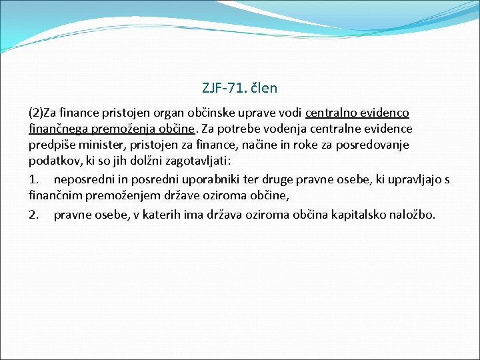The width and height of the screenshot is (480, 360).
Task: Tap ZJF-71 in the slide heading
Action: point(223,87)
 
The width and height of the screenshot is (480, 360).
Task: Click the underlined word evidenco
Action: point(385,112)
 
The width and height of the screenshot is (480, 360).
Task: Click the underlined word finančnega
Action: point(56,129)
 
